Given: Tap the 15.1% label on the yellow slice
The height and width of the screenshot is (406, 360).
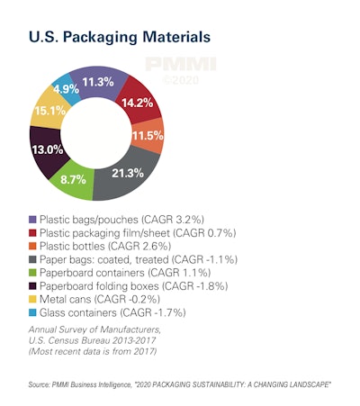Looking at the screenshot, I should (x=48, y=112).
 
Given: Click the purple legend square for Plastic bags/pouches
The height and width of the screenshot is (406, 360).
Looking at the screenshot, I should (x=34, y=219).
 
